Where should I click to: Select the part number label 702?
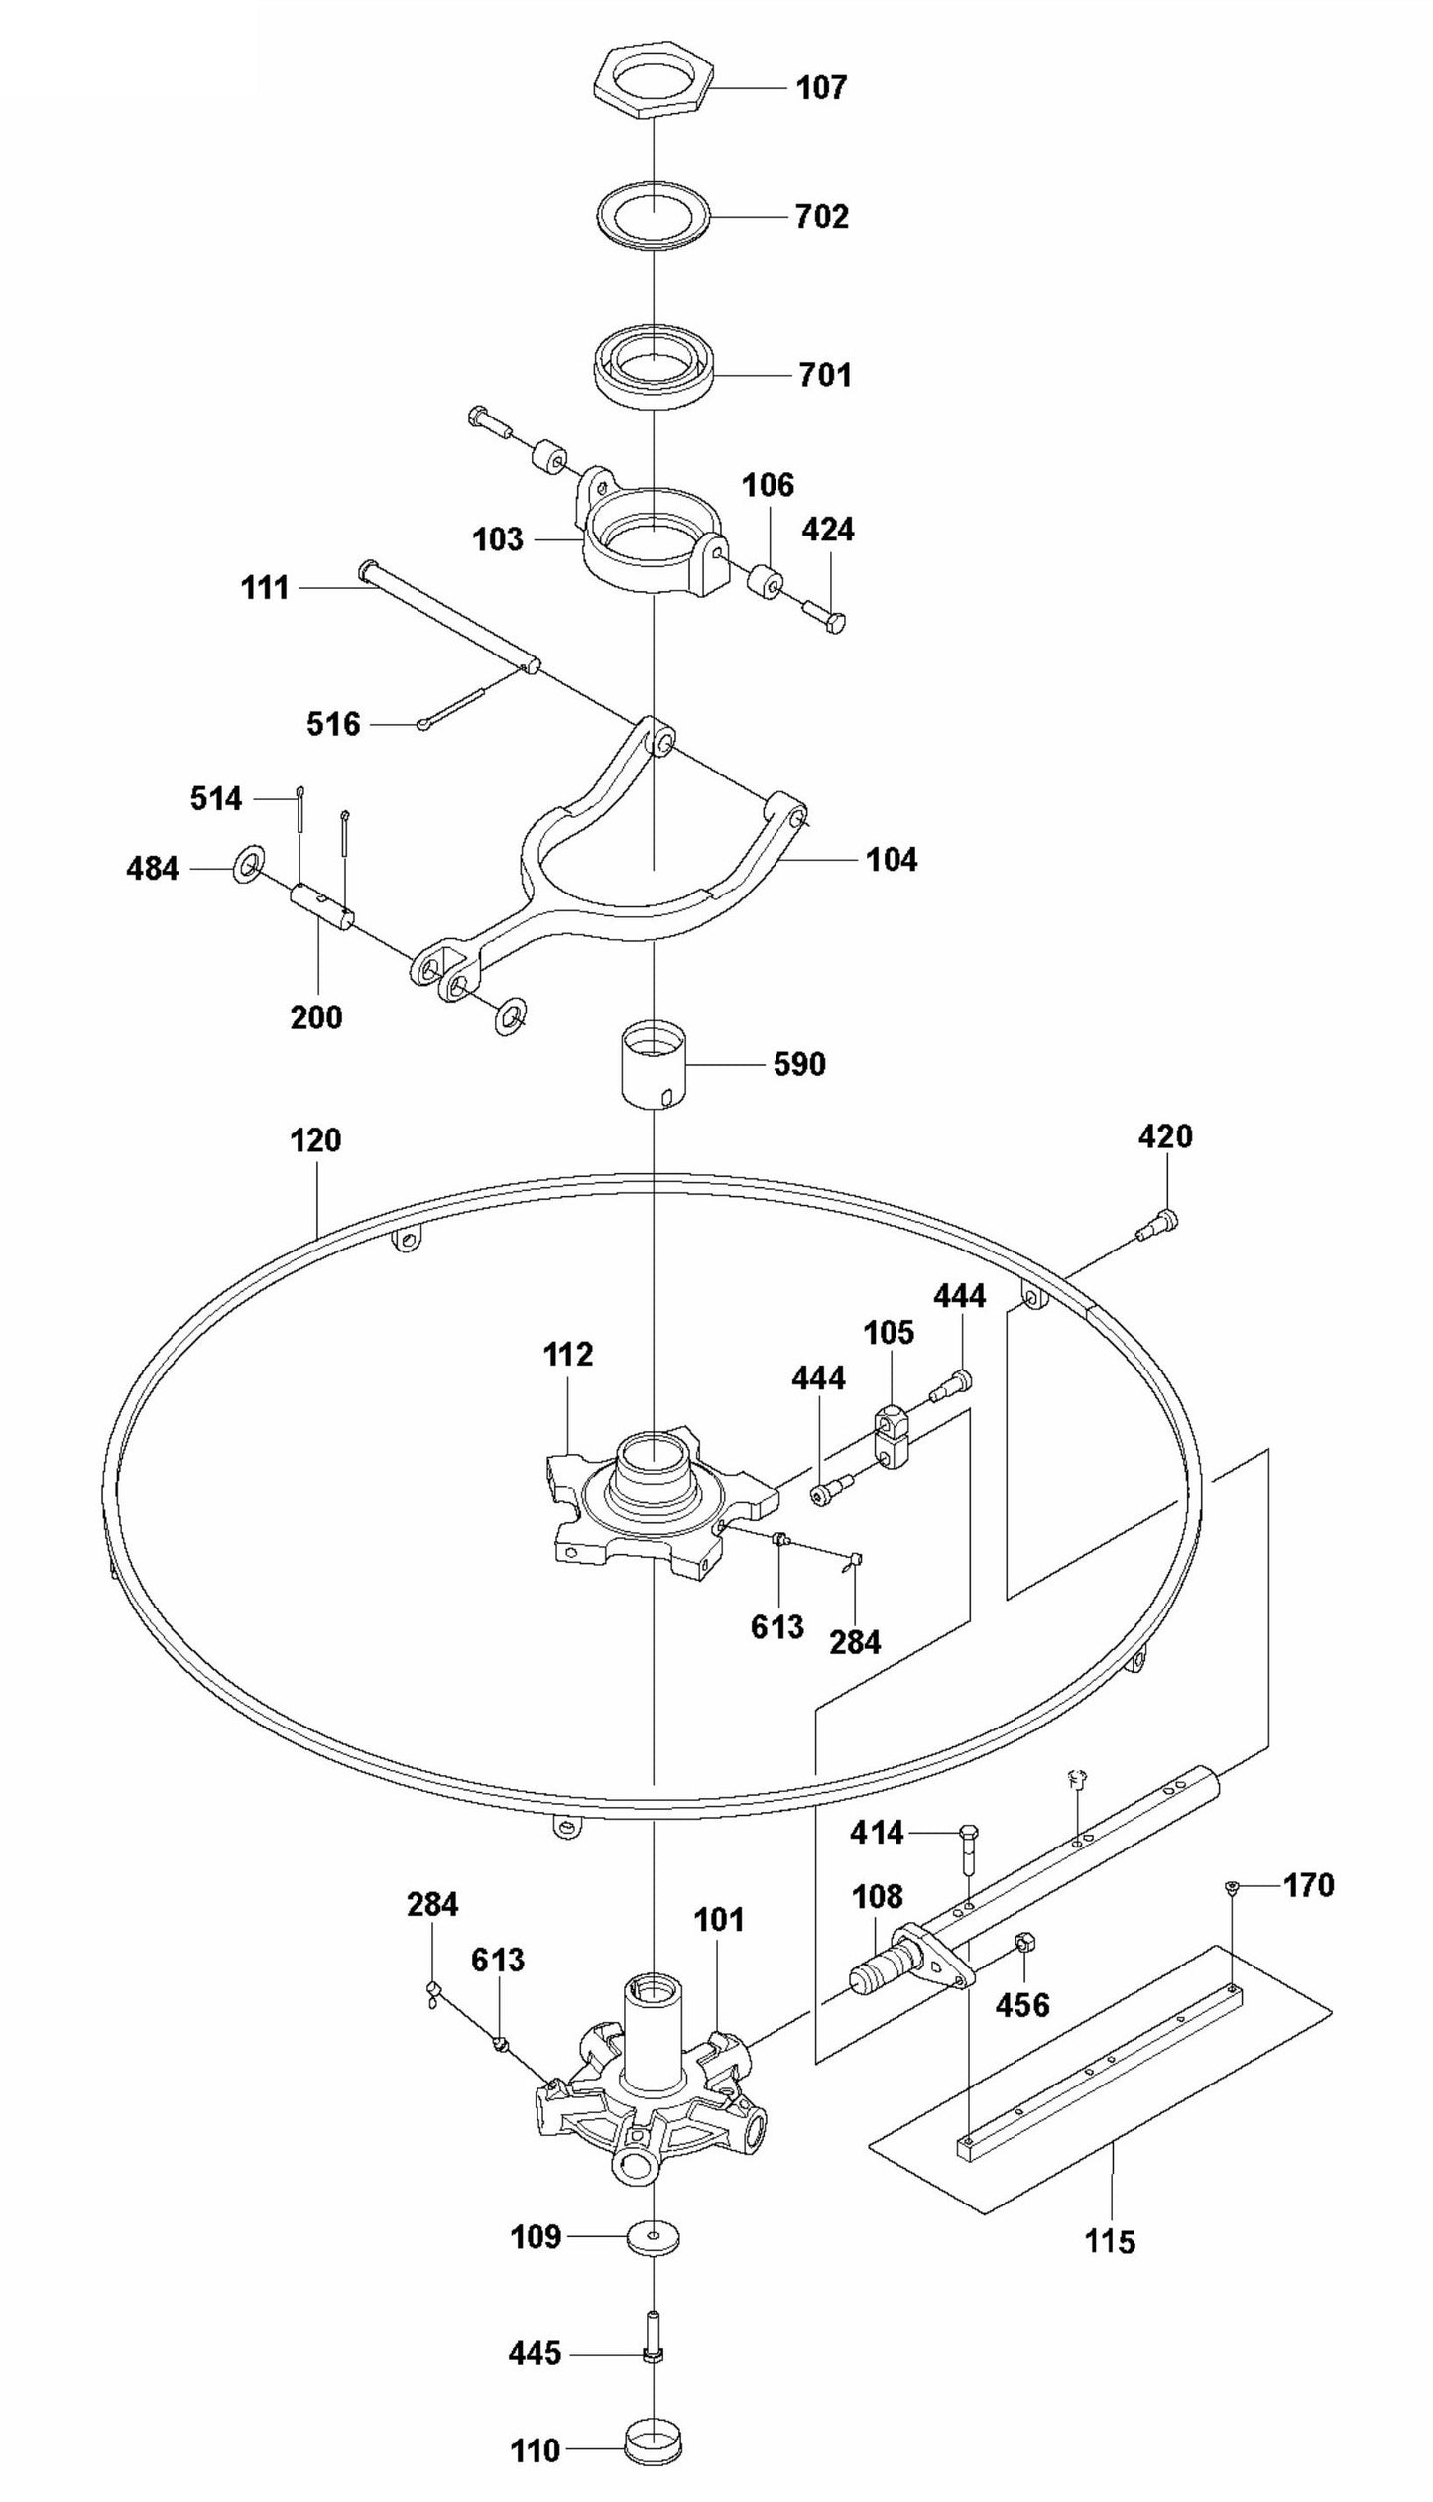[x=822, y=217]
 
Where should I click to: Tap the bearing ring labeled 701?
[x=655, y=372]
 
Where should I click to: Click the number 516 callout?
[x=333, y=725]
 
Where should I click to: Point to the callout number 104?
[x=892, y=860]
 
